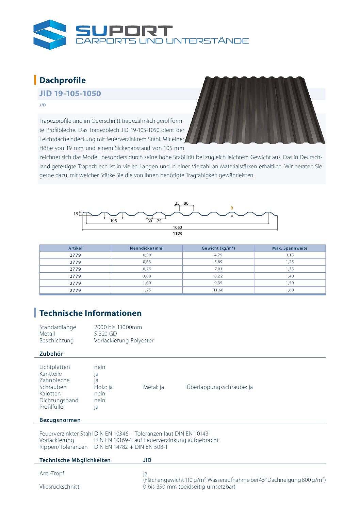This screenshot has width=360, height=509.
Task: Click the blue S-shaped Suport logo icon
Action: tap(50, 35)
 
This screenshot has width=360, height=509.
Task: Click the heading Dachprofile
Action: tap(63, 80)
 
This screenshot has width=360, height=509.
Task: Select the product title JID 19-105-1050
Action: tap(70, 94)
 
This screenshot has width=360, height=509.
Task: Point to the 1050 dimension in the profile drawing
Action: tap(177, 227)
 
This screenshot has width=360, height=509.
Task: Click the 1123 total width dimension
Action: tap(177, 234)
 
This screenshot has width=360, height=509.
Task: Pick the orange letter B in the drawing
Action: tap(232, 208)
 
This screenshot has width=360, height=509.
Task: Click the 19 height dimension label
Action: tap(76, 214)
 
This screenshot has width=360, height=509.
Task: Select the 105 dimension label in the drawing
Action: tap(114, 221)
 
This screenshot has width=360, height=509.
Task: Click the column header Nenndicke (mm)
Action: tap(147, 248)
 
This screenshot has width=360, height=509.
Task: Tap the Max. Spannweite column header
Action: tap(290, 248)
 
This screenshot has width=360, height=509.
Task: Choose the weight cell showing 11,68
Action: tap(218, 290)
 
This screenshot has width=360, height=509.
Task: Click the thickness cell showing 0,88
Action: tap(147, 276)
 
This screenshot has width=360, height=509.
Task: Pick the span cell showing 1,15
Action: tap(290, 255)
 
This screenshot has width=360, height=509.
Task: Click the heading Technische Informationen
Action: tap(91, 313)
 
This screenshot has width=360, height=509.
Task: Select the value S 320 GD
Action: tap(105, 334)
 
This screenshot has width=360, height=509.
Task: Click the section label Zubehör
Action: tap(51, 354)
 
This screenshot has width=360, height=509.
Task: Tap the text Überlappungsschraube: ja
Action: tap(219, 387)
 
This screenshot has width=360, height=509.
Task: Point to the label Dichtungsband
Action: tap(59, 400)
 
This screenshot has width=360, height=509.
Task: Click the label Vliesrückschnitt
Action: tap(60, 487)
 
